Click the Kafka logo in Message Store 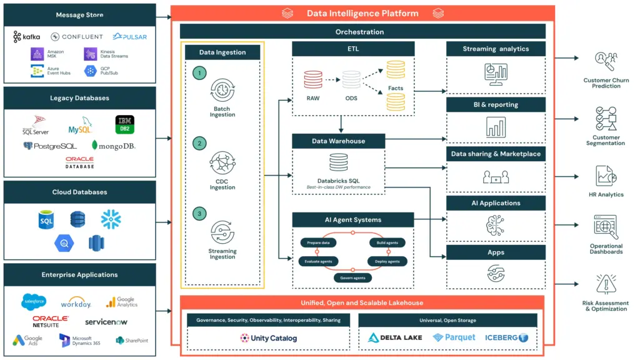(27, 37)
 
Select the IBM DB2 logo (125, 123)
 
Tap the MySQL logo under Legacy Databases (80, 129)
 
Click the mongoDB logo (113, 146)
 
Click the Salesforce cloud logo (34, 301)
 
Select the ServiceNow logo (107, 322)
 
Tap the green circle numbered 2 (199, 143)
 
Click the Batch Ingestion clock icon (222, 91)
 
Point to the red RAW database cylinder (312, 80)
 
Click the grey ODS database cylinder (351, 80)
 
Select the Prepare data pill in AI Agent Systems (319, 242)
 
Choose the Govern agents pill (352, 277)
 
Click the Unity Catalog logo (269, 338)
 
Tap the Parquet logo (454, 337)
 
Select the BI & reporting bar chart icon (495, 127)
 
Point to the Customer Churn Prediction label (606, 83)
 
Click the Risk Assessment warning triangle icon (606, 284)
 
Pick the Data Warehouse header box (338, 141)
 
